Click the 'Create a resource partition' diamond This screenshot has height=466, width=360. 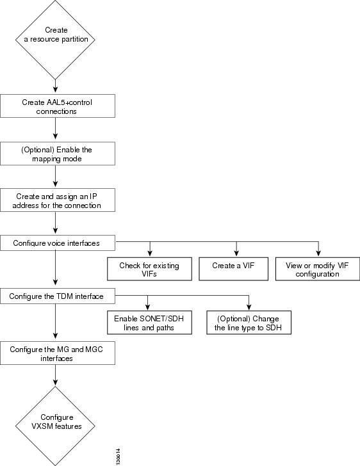click(55, 40)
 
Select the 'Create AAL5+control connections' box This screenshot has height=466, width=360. click(58, 106)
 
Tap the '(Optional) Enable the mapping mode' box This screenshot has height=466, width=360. click(58, 154)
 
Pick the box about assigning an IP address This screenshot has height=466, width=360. click(58, 200)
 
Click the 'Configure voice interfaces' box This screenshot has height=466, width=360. click(58, 243)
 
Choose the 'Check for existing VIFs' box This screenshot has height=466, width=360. click(149, 269)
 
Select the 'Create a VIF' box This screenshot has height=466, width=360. click(233, 269)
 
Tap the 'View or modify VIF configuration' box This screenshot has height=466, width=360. click(318, 269)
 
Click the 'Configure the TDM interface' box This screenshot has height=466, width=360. click(58, 296)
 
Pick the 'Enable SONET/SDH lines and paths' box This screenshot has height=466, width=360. click(149, 323)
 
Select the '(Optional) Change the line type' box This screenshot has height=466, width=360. click(249, 323)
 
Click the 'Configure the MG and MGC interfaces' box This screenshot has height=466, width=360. click(58, 353)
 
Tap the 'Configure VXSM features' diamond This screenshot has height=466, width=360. click(55, 426)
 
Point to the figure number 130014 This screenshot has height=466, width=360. click(119, 456)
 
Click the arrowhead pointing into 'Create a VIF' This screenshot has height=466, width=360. click(236, 253)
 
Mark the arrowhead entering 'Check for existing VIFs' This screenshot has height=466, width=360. click(150, 253)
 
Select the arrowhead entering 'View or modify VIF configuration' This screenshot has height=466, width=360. click(318, 253)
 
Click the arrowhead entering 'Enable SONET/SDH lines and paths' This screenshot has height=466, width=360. click(147, 307)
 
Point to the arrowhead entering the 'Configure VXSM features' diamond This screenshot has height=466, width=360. click(55, 382)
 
